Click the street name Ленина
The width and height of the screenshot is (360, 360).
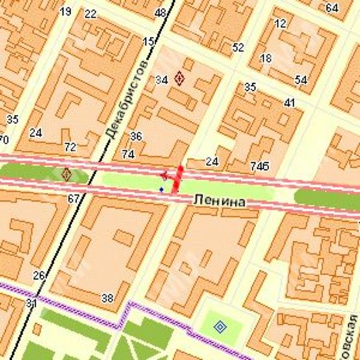point(219,203)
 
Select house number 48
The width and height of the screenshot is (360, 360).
point(160,13)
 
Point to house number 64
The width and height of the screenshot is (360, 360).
point(332,8)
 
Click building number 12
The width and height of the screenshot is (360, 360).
point(280,23)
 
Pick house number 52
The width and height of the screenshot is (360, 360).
point(238,47)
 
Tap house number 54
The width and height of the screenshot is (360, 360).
point(300,80)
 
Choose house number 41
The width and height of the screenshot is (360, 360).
point(289,102)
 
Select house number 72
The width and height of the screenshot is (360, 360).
point(70,147)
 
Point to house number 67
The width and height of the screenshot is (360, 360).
point(73,198)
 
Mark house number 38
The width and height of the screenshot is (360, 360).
point(107,298)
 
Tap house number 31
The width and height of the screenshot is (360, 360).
point(31,303)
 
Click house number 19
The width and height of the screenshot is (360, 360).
point(65,12)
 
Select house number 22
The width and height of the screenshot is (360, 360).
point(90,14)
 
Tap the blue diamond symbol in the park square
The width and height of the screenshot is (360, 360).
point(220,326)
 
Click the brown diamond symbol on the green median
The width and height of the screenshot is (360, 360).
point(66,174)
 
